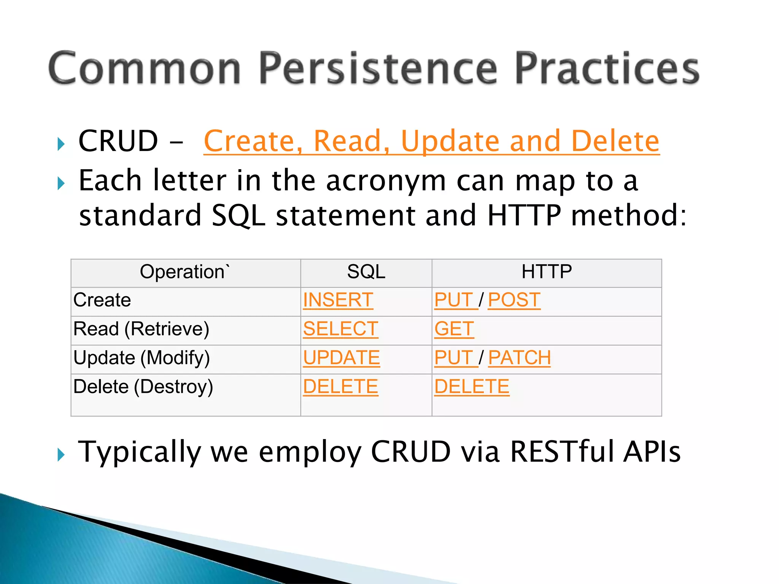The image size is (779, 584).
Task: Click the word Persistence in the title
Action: click(378, 68)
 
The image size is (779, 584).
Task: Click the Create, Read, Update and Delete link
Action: click(431, 141)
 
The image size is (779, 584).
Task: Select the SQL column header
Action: click(366, 272)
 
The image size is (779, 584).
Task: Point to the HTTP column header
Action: click(546, 272)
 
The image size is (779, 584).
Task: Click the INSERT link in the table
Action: click(338, 300)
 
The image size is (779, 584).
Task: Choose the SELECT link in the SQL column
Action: click(340, 329)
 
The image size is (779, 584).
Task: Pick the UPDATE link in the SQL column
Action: click(341, 358)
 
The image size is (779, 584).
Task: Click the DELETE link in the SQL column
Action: click(340, 387)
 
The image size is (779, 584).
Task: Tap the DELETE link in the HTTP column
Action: click(472, 387)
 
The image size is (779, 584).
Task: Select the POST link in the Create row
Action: click(514, 300)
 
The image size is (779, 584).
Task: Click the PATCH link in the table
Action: click(519, 358)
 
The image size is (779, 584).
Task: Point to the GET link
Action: click(454, 329)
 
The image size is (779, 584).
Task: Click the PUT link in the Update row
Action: click(454, 358)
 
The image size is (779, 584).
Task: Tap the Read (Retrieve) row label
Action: click(141, 329)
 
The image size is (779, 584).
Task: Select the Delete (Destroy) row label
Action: click(143, 387)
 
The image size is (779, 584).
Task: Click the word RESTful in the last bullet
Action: click(562, 452)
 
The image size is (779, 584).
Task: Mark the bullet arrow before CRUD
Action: click(61, 144)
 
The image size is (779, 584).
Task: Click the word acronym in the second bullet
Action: click(386, 181)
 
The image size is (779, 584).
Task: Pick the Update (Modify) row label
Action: click(141, 358)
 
